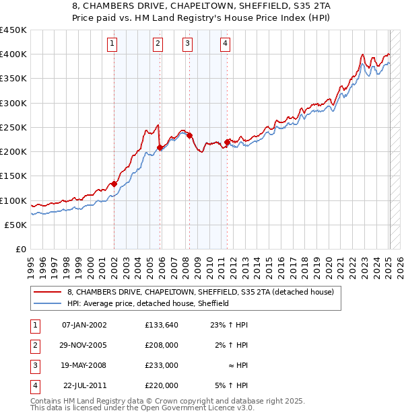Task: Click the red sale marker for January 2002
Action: click(114, 184)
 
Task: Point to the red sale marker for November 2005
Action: click(160, 147)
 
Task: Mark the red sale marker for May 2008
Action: click(190, 135)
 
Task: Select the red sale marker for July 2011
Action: click(228, 141)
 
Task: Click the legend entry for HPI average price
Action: click(148, 303)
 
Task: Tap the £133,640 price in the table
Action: click(161, 325)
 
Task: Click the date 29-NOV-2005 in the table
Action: click(84, 345)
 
